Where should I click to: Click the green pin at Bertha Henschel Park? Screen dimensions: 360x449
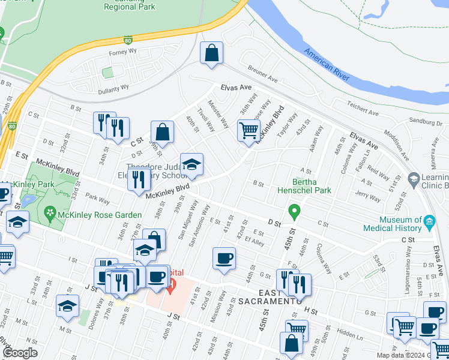(x=294, y=212)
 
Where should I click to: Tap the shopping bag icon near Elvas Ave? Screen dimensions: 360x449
(x=212, y=53)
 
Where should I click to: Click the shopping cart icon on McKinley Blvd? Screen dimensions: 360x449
(x=249, y=130)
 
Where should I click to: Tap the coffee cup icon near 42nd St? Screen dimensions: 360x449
(x=224, y=259)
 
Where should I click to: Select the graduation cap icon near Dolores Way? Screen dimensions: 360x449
(x=67, y=306)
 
